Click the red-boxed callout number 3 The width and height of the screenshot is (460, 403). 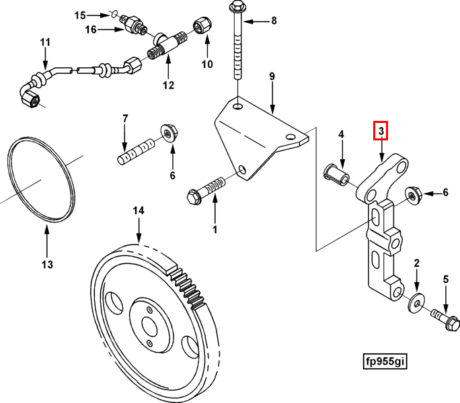tap(381, 130)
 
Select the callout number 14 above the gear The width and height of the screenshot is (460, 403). tap(138, 211)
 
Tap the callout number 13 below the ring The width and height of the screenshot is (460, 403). tap(46, 265)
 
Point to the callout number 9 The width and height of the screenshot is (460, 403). tap(272, 77)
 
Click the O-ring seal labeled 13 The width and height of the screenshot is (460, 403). tap(40, 181)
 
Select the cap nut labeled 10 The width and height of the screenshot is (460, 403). tap(202, 26)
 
